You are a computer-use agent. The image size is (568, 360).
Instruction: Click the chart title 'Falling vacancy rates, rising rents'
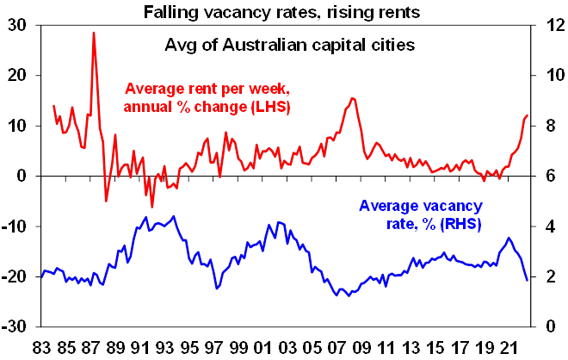284,10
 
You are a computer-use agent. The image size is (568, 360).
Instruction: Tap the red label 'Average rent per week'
207,89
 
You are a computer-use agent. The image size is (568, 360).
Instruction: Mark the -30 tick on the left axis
15,327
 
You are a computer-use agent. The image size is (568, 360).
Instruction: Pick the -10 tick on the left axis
15,227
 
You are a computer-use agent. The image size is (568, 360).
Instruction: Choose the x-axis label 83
40,346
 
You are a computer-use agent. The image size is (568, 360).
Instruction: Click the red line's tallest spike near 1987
93,33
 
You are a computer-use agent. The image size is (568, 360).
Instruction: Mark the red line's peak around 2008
353,98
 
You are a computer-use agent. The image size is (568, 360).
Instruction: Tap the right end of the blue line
528,280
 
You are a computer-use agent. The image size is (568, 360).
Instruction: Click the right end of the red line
528,115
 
